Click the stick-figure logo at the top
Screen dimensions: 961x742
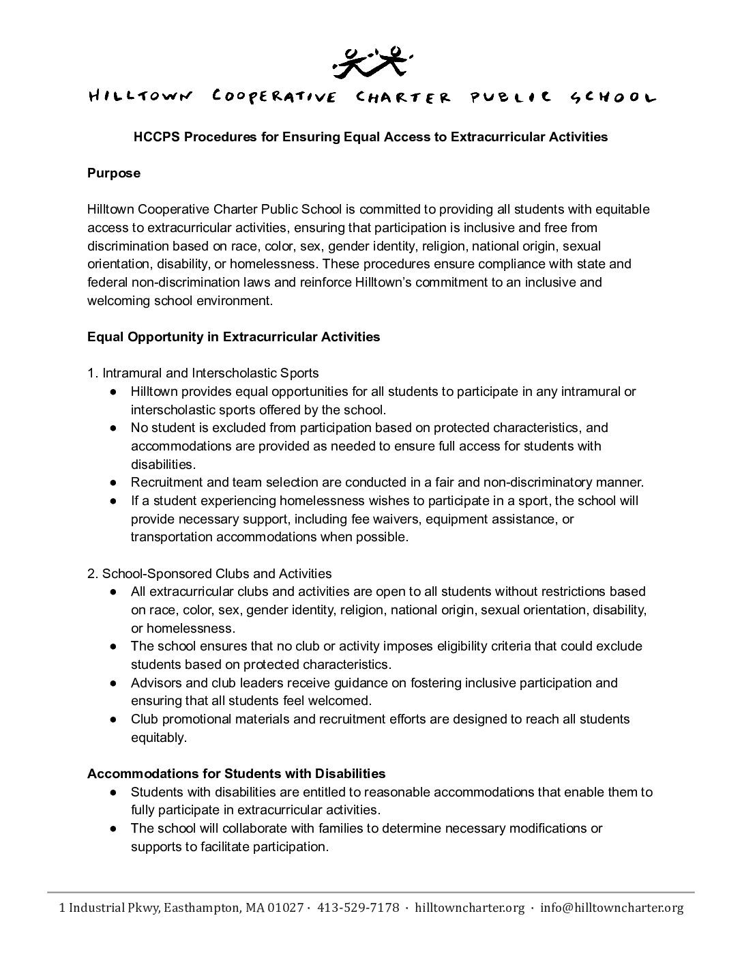pos(371,60)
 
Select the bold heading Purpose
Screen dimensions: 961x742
pos(114,173)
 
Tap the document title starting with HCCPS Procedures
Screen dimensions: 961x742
pos(370,137)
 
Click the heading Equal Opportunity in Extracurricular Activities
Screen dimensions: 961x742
pos(233,337)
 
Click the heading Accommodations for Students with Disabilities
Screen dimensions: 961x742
pos(236,774)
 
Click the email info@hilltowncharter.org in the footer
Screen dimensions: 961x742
pos(611,908)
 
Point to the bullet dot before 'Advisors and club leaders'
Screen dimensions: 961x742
pos(114,683)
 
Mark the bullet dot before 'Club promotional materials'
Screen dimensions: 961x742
pos(114,719)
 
